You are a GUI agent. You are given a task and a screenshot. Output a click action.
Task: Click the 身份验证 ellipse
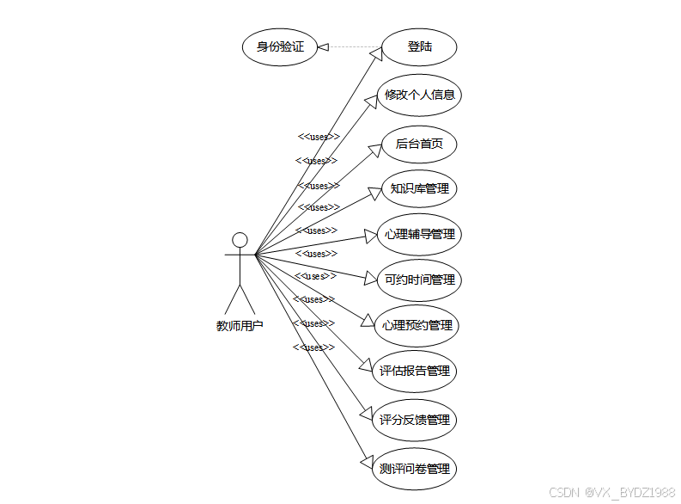point(280,47)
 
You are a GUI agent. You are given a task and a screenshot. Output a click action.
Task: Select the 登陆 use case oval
point(419,47)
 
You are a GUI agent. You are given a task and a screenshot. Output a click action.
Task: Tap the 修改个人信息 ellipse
point(419,95)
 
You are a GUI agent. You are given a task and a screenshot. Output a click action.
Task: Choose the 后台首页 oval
point(419,144)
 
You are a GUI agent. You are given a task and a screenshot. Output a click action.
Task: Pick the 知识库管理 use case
point(419,188)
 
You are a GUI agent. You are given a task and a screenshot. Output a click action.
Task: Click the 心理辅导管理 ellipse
point(419,234)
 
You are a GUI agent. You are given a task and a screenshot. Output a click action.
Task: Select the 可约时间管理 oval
point(419,280)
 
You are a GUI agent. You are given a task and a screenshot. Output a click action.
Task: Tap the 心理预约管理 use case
point(419,325)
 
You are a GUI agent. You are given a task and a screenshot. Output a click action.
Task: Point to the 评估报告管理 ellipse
point(415,372)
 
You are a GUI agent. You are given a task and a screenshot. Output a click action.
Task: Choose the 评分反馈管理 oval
point(415,421)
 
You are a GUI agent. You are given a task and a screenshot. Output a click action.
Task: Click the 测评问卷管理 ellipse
point(415,469)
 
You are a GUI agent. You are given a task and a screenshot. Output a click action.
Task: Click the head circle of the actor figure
point(240,239)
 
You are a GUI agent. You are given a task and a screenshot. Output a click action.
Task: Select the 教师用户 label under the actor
point(240,326)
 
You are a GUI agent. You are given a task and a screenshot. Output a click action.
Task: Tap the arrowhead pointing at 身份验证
point(324,47)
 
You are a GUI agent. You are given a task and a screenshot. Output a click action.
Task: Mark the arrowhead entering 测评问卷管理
point(367,461)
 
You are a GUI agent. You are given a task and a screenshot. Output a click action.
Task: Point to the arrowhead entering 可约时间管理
point(371,279)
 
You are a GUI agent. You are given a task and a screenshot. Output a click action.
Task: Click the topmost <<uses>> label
point(319,137)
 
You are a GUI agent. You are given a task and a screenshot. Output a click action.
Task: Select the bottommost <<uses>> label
point(313,347)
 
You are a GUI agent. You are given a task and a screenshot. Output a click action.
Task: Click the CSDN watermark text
point(611,492)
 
